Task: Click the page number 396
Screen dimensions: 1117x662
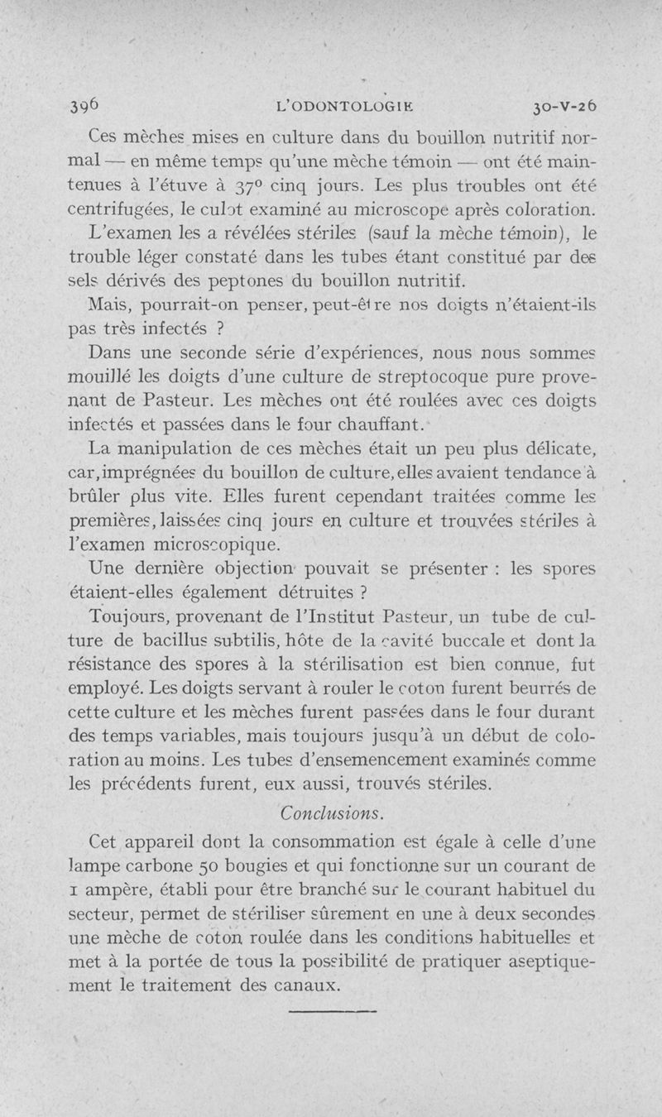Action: pos(85,106)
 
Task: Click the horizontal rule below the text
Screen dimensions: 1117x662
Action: pos(332,1009)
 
